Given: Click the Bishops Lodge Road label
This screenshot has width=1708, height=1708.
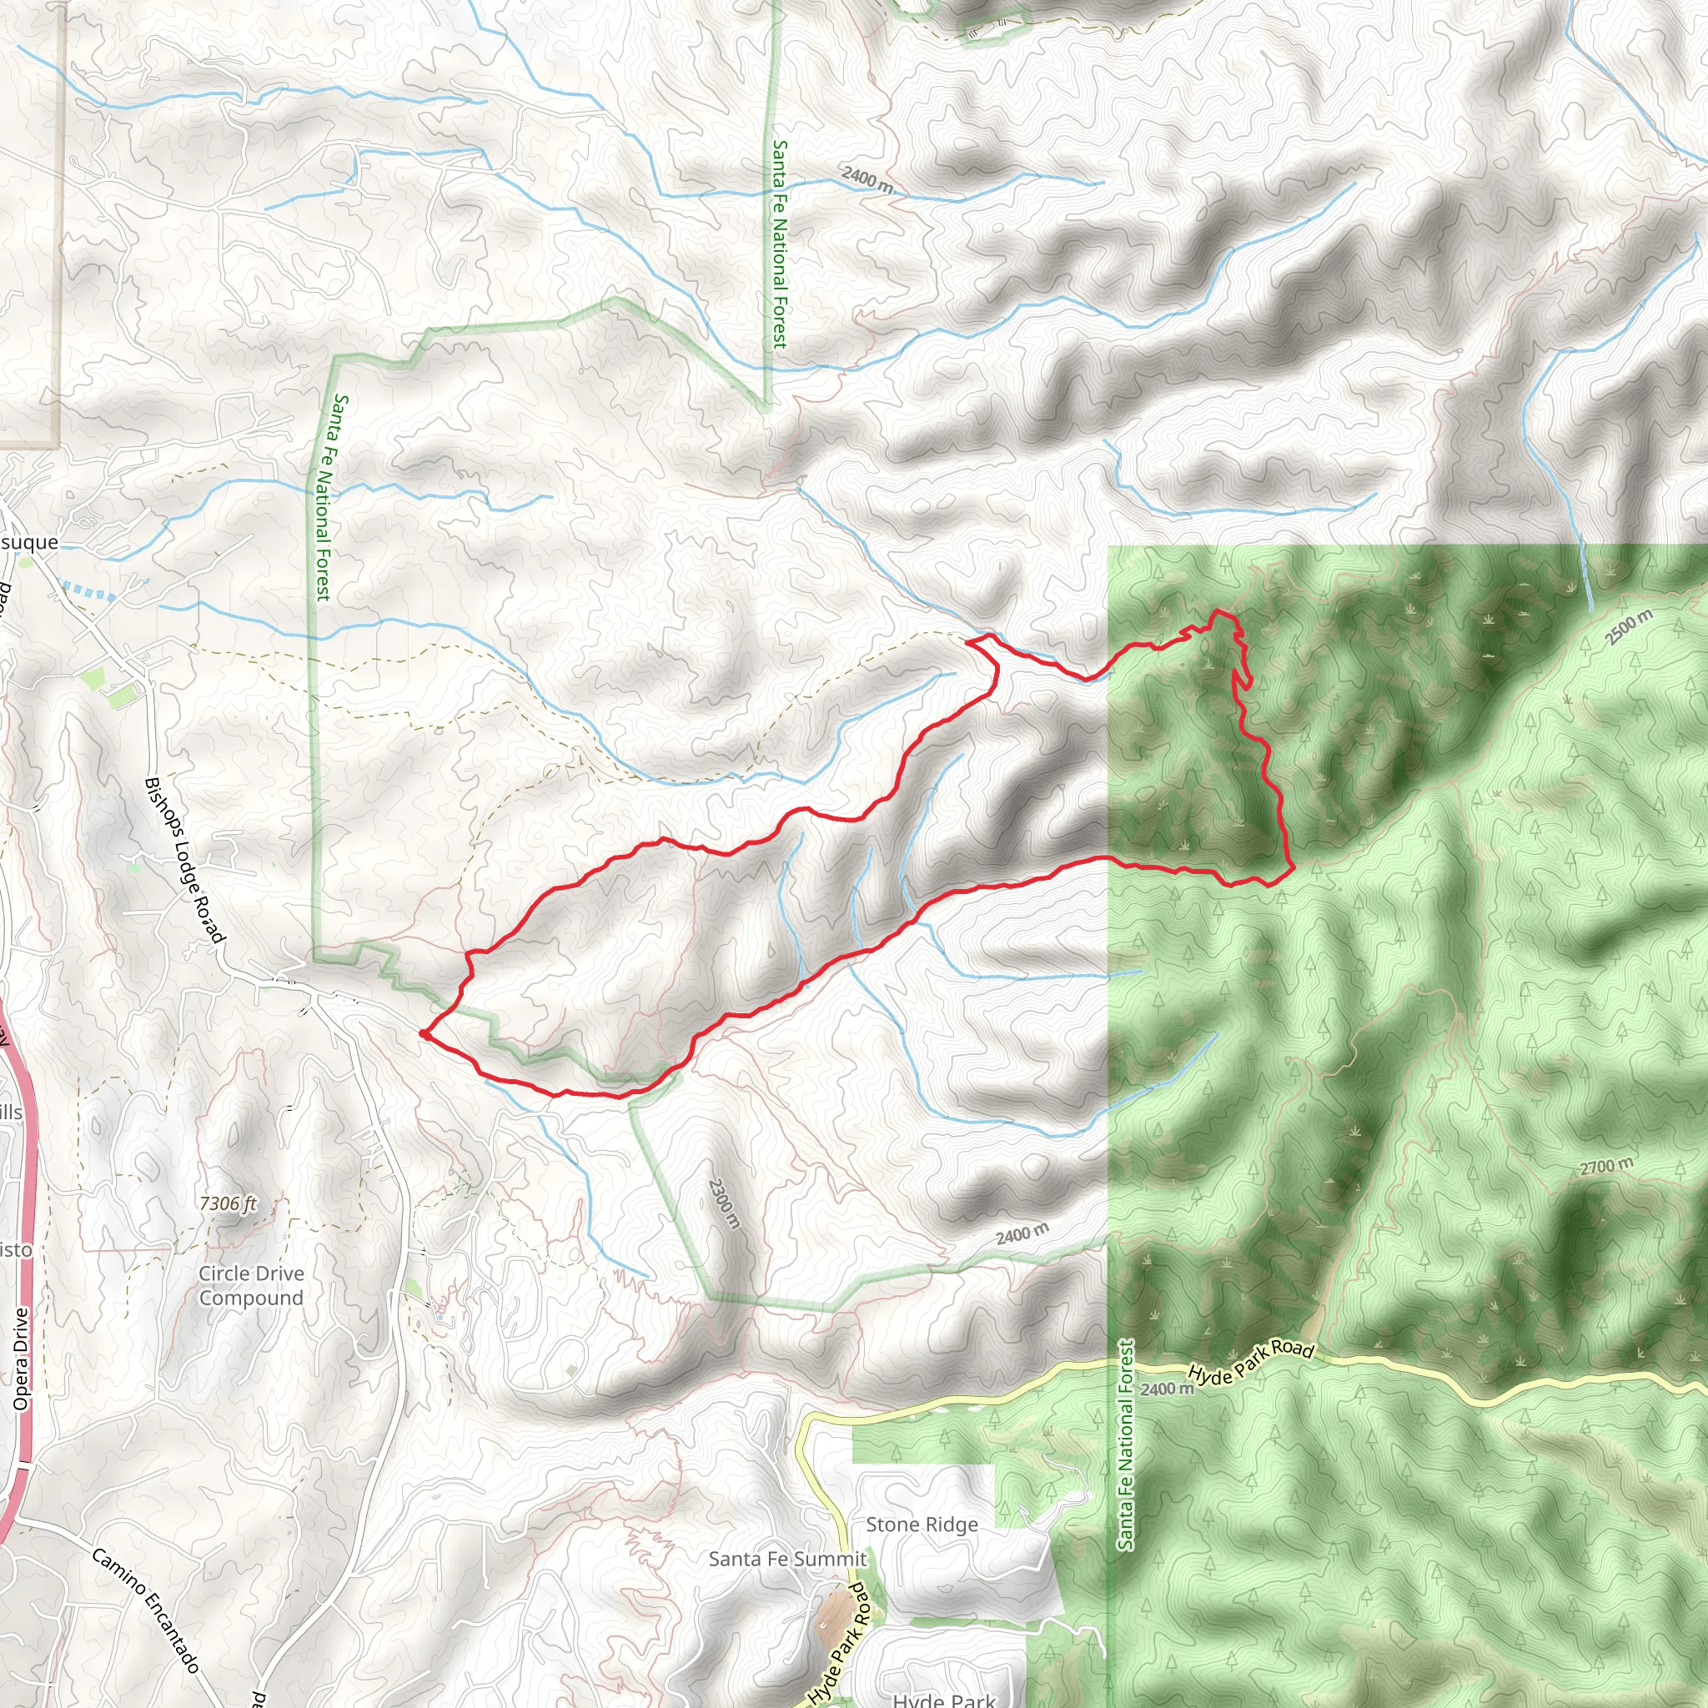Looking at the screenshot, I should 183,860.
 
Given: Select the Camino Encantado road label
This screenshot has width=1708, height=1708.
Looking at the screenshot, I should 145,1610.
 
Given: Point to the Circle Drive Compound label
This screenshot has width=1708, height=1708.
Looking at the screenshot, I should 251,1285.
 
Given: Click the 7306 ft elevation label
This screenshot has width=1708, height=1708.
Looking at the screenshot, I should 228,1203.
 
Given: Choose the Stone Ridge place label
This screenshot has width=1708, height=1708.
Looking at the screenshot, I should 922,1525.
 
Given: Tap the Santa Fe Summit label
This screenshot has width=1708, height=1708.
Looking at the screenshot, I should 786,1559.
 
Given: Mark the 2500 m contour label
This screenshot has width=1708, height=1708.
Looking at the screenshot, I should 1629,627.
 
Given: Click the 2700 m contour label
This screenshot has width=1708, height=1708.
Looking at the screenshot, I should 1606,1167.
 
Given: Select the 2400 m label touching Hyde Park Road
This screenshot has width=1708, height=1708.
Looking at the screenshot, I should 1166,1389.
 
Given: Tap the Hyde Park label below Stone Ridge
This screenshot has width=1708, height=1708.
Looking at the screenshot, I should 943,1699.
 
